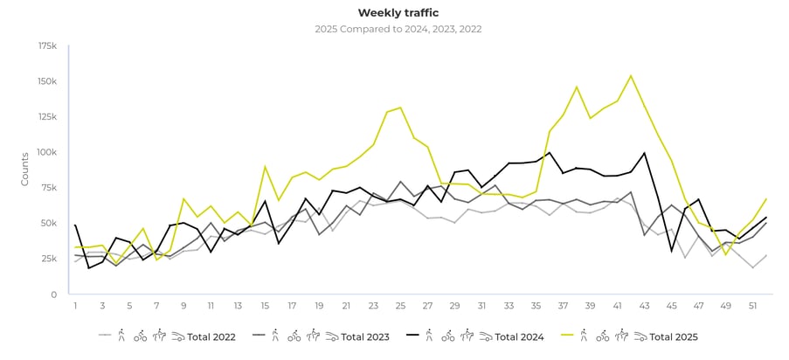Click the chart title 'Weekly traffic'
[x=398, y=12]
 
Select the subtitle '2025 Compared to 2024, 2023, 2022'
[x=398, y=29]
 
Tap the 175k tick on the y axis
[x=46, y=45]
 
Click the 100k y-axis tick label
[x=46, y=152]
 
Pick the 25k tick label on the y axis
[x=48, y=260]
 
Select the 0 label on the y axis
[x=54, y=294]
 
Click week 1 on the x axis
[x=76, y=307]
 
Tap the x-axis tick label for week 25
[x=400, y=307]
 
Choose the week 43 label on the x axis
[x=644, y=307]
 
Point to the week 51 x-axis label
[x=751, y=307]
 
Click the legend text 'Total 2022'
[x=211, y=336]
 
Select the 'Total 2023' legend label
[x=366, y=336]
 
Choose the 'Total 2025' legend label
[x=674, y=336]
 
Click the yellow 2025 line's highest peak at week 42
[x=630, y=75]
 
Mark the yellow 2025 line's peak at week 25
[x=400, y=107]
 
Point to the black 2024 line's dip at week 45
[x=671, y=252]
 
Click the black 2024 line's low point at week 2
[x=89, y=267]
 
